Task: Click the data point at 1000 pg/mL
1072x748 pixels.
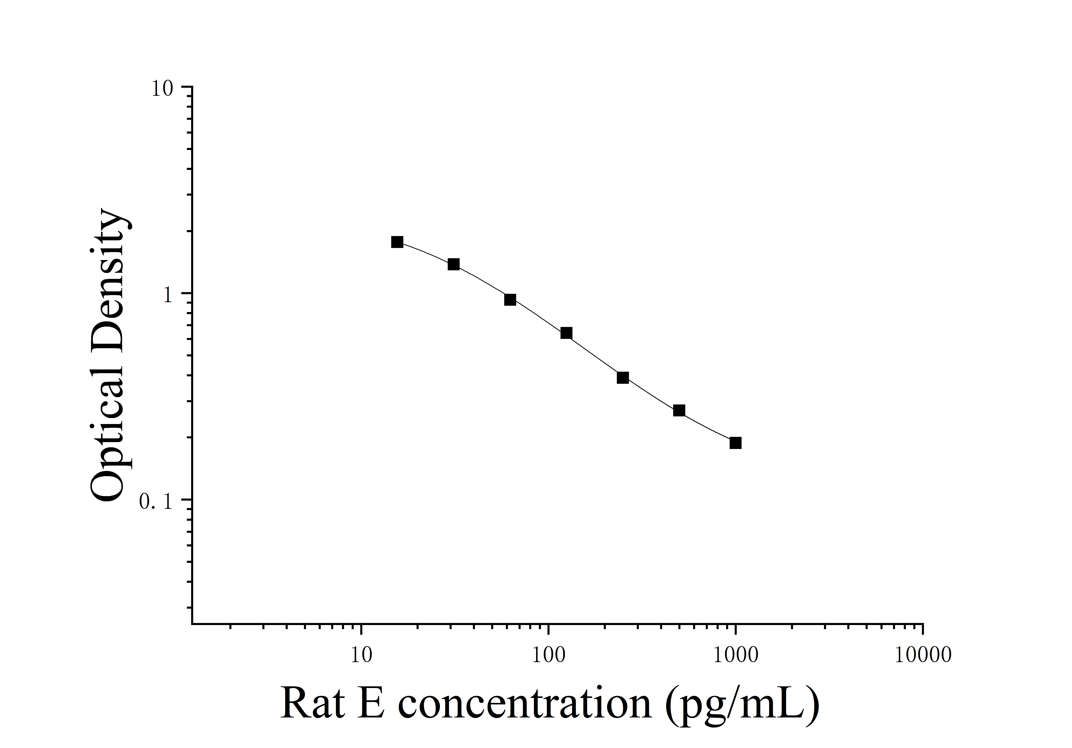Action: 735,443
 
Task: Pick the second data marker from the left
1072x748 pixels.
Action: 453,265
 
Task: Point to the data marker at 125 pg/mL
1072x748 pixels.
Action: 566,333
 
